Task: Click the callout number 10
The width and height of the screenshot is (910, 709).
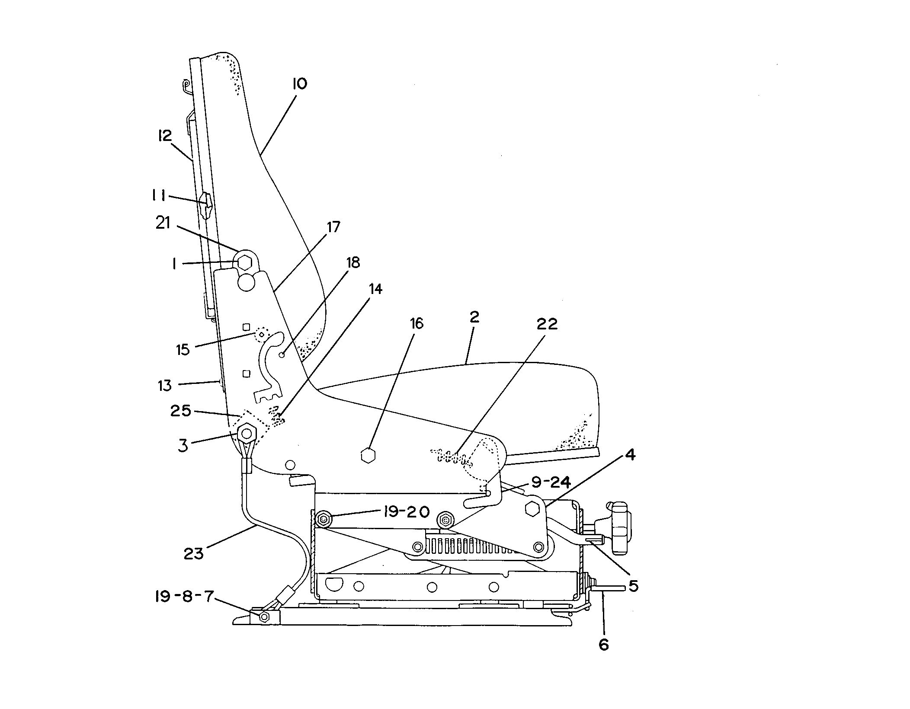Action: click(299, 83)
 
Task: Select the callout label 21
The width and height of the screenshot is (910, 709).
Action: click(163, 224)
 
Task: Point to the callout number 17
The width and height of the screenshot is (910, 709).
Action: click(333, 227)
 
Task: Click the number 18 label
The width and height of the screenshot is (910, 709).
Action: click(353, 262)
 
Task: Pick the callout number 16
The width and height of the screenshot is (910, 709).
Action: click(417, 323)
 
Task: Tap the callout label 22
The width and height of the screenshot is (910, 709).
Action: click(547, 324)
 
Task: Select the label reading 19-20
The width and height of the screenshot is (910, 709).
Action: click(405, 512)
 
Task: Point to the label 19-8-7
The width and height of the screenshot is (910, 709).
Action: click(184, 597)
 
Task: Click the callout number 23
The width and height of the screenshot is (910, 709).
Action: click(193, 554)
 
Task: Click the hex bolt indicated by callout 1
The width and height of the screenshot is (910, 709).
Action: click(245, 262)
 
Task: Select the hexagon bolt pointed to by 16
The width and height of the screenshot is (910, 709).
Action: click(368, 456)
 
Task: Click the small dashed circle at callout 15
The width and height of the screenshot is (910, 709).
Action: click(261, 333)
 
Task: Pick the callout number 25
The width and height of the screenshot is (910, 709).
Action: click(181, 410)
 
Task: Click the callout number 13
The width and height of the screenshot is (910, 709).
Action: click(165, 385)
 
